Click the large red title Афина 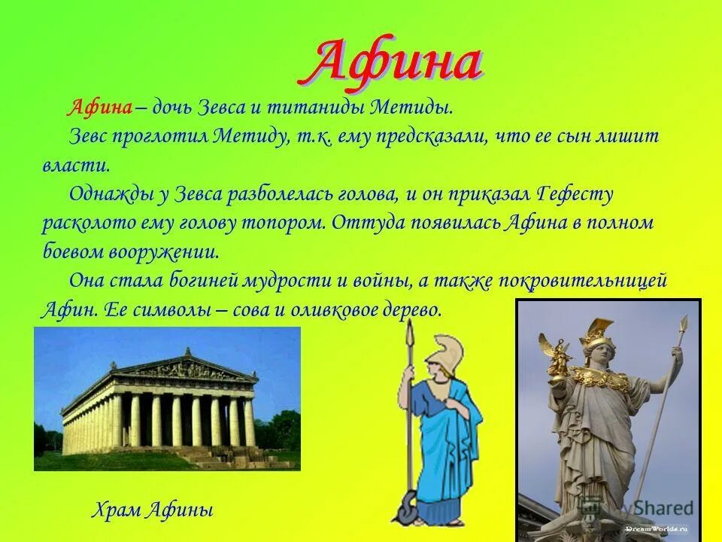[x=395, y=64]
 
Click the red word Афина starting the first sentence [x=100, y=107]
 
